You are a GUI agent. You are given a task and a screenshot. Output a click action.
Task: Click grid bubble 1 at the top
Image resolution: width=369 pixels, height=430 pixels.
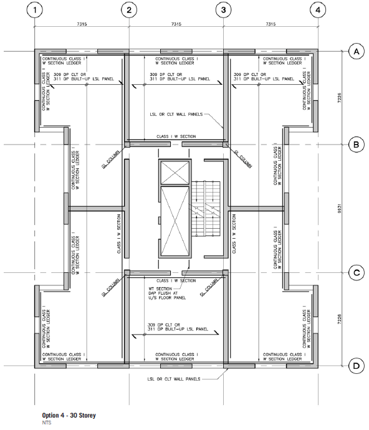coord(35,10)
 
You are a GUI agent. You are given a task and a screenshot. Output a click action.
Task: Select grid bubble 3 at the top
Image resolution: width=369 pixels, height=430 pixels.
coord(224,10)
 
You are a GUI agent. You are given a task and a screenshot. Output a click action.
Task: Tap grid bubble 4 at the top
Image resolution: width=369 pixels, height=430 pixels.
coord(318,10)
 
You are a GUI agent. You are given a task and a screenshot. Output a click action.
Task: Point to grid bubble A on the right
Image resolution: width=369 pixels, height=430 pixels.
coord(357,51)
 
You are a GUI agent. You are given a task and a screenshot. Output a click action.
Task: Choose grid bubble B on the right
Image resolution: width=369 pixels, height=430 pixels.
coord(357,145)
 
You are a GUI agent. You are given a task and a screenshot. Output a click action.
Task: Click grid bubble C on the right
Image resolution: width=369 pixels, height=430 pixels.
coord(357,273)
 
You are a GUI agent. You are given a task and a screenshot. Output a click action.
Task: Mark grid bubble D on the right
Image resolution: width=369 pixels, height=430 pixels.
coord(357,366)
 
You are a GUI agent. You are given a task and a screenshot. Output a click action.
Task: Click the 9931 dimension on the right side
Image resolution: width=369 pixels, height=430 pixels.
coord(340,208)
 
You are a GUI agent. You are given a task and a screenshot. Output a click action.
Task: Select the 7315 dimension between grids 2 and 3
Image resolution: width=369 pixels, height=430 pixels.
coord(176,24)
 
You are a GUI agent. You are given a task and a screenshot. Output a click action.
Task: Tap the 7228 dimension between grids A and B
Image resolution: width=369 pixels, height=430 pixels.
coord(340,98)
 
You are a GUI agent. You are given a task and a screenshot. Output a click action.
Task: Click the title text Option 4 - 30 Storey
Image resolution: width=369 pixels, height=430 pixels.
coord(69,415)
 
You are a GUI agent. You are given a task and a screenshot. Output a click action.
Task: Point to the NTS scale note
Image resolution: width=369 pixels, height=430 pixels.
coord(47,423)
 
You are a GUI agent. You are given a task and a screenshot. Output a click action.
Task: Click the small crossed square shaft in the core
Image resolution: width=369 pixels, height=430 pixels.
coord(175,173)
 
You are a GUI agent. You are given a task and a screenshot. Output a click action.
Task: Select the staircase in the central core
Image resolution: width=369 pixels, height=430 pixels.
coord(206,208)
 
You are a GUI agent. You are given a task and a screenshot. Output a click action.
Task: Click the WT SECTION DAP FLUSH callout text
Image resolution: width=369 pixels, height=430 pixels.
coord(167,293)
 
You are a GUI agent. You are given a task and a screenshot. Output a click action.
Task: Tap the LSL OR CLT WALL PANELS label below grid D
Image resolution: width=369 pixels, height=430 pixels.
coord(174,379)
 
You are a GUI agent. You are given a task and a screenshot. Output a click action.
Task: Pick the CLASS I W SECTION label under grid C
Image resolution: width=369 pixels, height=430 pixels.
coord(176,281)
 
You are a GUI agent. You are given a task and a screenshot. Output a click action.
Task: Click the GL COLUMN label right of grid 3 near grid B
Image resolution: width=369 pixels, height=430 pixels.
coord(242,158)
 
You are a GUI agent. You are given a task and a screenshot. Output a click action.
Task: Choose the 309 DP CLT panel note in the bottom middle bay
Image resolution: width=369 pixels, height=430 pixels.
coord(178,327)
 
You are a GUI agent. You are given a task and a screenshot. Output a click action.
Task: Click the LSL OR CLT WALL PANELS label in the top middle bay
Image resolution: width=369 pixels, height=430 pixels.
coord(176,115)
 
